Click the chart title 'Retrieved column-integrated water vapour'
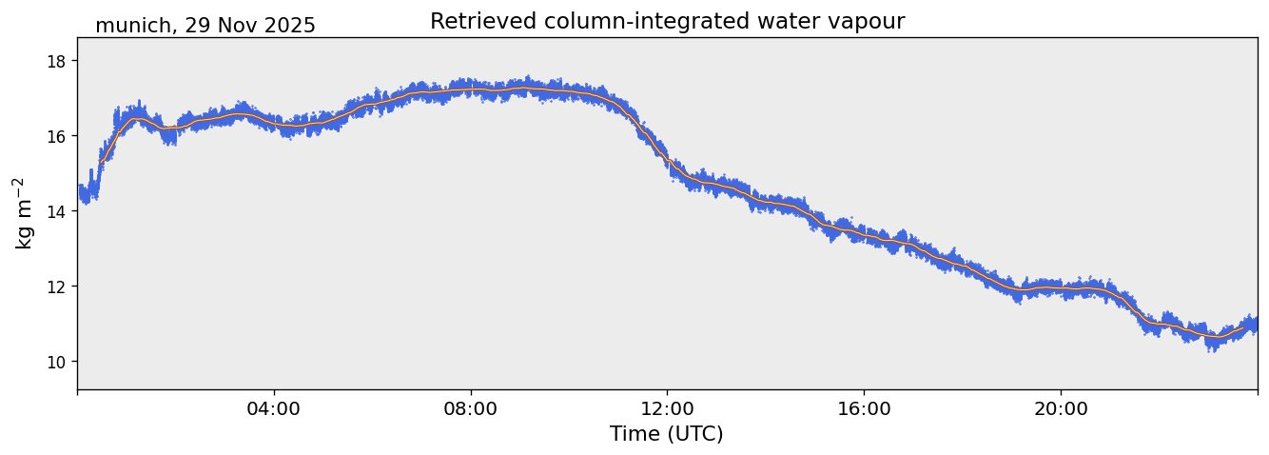pyautogui.click(x=667, y=22)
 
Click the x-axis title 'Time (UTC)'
pyautogui.click(x=667, y=434)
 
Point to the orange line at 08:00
pyautogui.click(x=471, y=89)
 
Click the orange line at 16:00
pyautogui.click(x=864, y=234)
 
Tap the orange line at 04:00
pyautogui.click(x=274, y=123)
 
